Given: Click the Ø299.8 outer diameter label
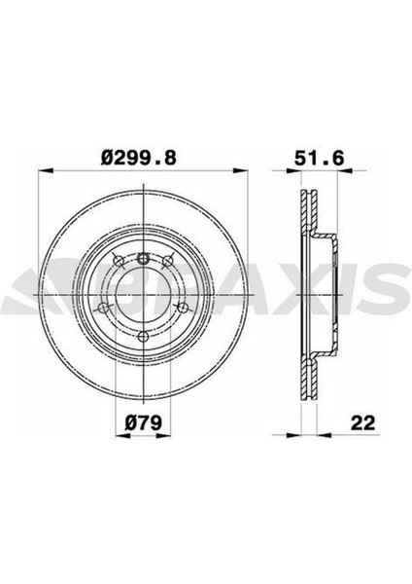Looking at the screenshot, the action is click(x=139, y=159).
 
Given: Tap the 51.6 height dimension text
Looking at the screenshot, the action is click(x=320, y=159).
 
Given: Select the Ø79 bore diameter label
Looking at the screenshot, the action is click(x=143, y=422).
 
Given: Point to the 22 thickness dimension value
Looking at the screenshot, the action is click(x=362, y=422).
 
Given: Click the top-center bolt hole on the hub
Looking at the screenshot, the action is click(x=143, y=258).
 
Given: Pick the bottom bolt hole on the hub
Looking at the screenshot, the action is click(x=143, y=337).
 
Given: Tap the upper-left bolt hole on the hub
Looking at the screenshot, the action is click(x=119, y=261).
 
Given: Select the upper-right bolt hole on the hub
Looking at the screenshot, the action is click(x=168, y=261).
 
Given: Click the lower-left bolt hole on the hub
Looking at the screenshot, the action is click(x=103, y=308).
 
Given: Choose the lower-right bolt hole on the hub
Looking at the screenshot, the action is click(x=183, y=308).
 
